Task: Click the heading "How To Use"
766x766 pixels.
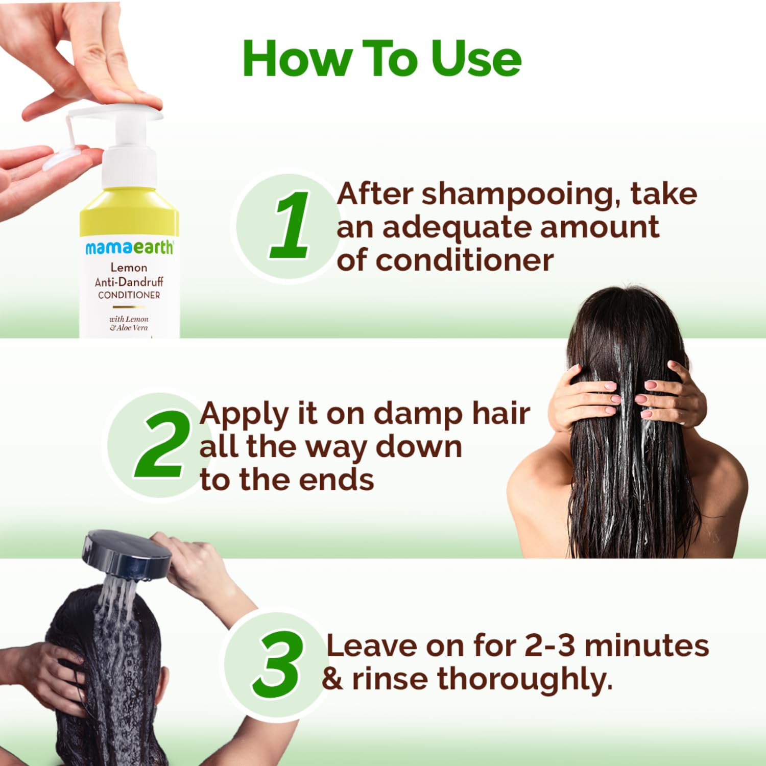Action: pyautogui.click(x=382, y=59)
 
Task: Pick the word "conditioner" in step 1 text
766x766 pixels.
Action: pyautogui.click(x=465, y=260)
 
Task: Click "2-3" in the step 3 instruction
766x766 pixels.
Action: pyautogui.click(x=550, y=645)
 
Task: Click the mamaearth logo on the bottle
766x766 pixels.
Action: pyautogui.click(x=129, y=248)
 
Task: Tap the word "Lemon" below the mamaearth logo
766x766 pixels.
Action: pyautogui.click(x=129, y=267)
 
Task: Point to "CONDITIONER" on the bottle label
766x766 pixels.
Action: pyautogui.click(x=129, y=295)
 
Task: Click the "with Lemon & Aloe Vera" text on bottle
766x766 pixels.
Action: pyautogui.click(x=129, y=323)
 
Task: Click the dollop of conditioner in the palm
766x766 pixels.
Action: pyautogui.click(x=60, y=158)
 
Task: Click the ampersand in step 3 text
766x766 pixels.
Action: pyautogui.click(x=332, y=679)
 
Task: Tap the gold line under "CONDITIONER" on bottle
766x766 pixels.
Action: pyautogui.click(x=129, y=307)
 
